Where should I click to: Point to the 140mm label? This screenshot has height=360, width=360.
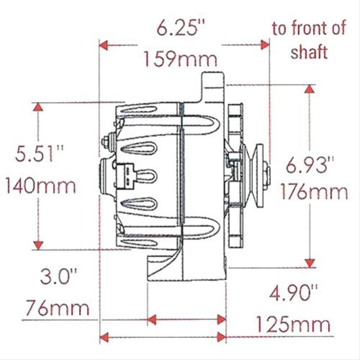tap(40, 185)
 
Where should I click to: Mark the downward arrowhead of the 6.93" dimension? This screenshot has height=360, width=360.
tap(309, 263)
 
